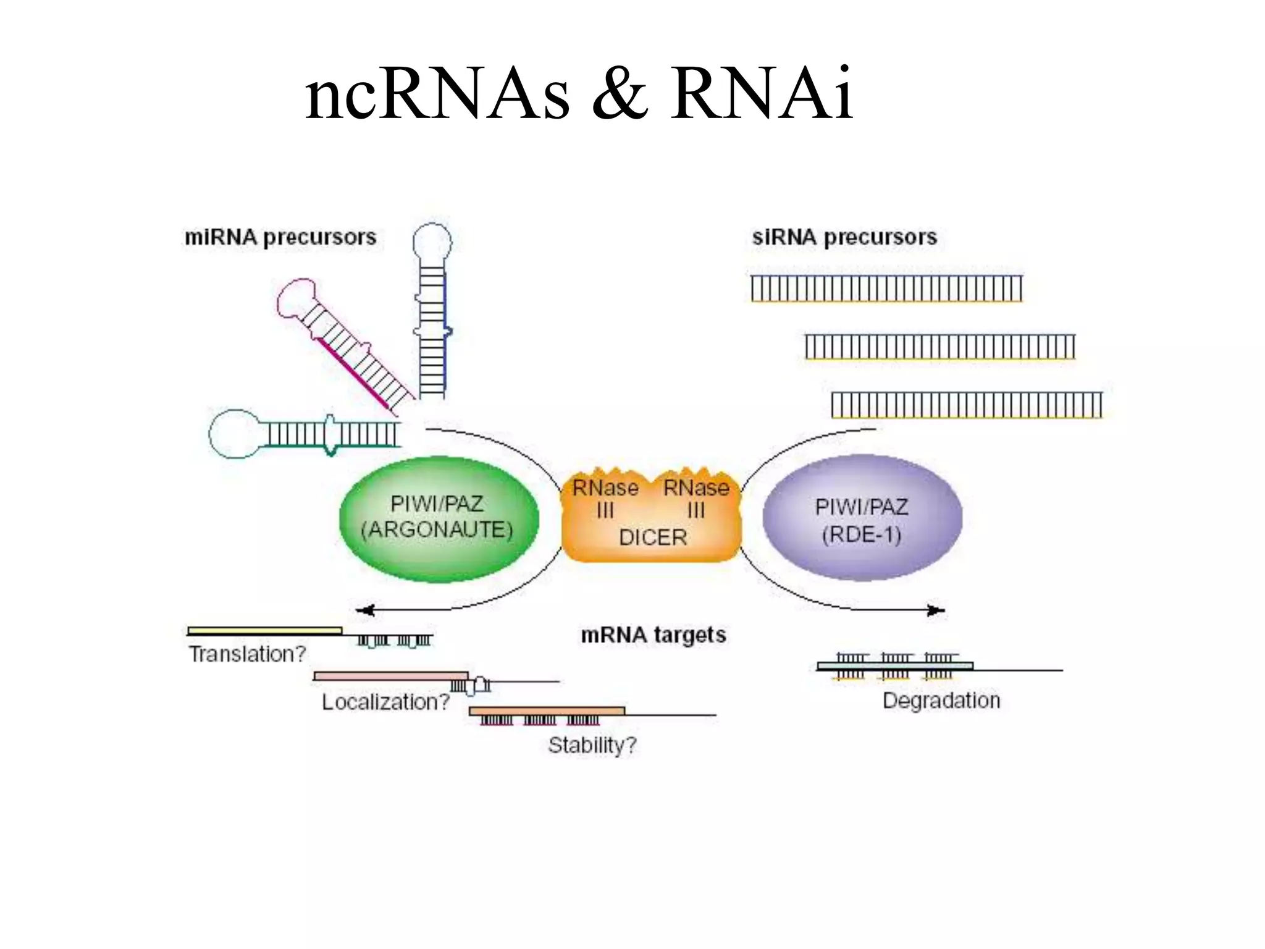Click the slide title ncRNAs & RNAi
pyautogui.click(x=579, y=94)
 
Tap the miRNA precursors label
pyautogui.click(x=280, y=237)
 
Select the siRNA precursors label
pyautogui.click(x=844, y=237)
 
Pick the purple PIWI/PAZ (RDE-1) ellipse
pyautogui.click(x=862, y=518)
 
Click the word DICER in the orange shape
pyautogui.click(x=652, y=537)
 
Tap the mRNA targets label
pyautogui.click(x=653, y=635)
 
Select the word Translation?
pyautogui.click(x=247, y=654)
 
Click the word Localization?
pyautogui.click(x=385, y=702)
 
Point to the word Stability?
pyautogui.click(x=592, y=745)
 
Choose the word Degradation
pyautogui.click(x=941, y=701)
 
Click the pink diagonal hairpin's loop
pyautogui.click(x=295, y=298)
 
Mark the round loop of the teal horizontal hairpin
pyautogui.click(x=233, y=434)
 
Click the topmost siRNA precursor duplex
pyautogui.click(x=886, y=289)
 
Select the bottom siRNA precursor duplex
pyautogui.click(x=967, y=405)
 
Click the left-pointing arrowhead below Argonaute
pyautogui.click(x=364, y=610)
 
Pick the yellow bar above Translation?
pyautogui.click(x=264, y=630)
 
